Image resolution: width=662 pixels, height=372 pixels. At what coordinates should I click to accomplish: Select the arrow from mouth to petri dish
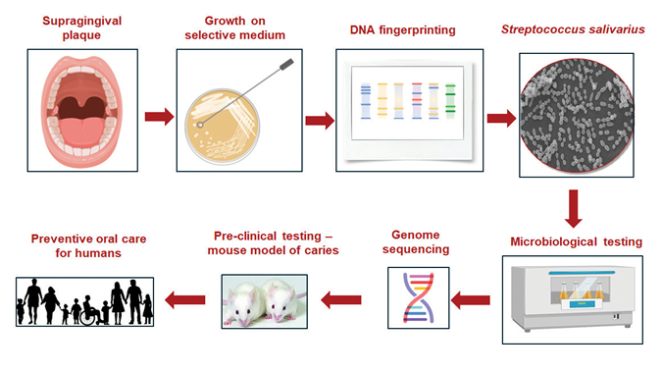point(158,119)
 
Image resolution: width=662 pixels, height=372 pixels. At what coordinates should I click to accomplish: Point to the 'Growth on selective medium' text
point(238,28)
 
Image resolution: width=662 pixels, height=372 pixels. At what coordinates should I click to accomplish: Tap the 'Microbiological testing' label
point(576,241)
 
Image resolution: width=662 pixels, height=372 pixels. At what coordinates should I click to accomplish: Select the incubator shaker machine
point(576,298)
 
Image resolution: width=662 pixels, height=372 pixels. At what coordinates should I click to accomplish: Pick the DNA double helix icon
point(413,297)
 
